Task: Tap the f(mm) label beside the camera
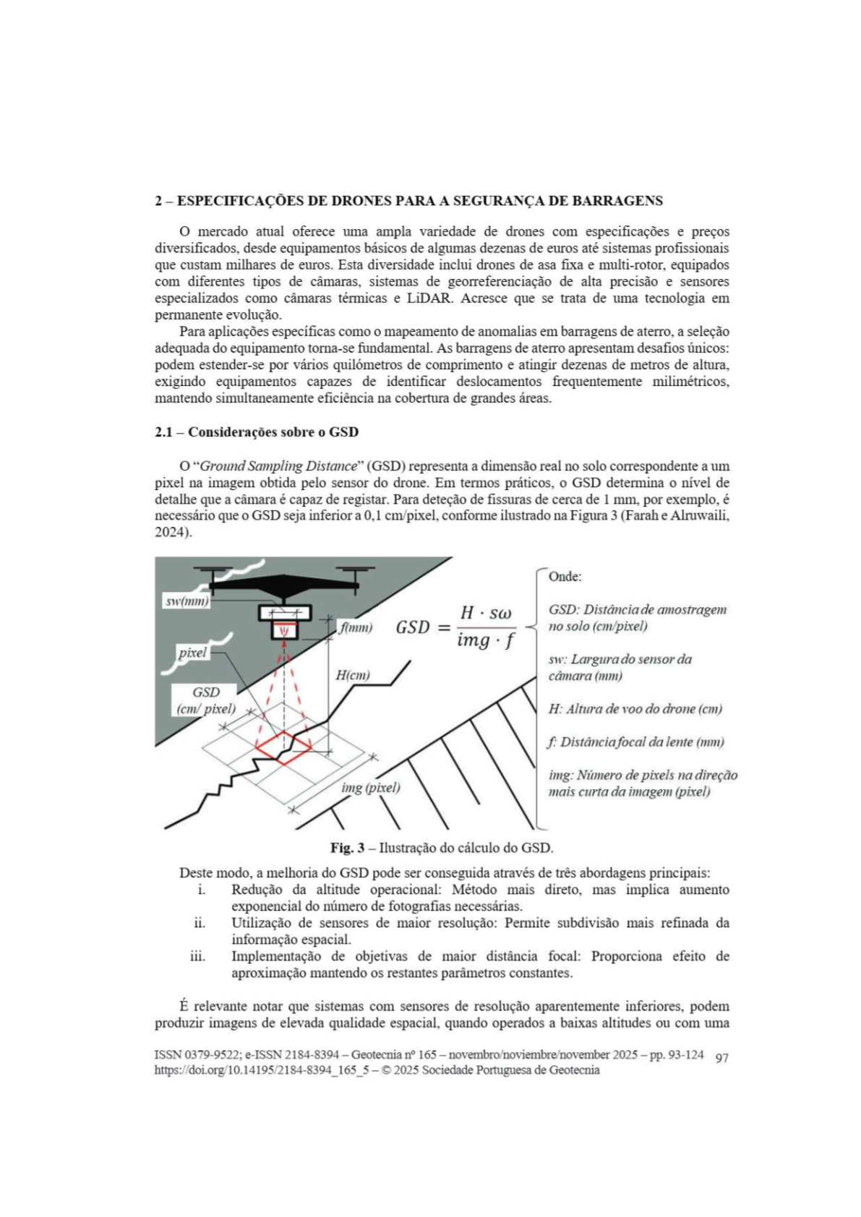pyautogui.click(x=356, y=627)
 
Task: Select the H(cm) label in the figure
pyautogui.click(x=352, y=675)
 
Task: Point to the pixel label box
pyautogui.click(x=193, y=653)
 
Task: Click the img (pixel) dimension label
pyautogui.click(x=370, y=787)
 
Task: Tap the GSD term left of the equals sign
pyautogui.click(x=412, y=627)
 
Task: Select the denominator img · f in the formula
pyautogui.click(x=486, y=640)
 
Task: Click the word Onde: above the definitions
pyautogui.click(x=565, y=577)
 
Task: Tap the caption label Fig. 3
pyautogui.click(x=347, y=848)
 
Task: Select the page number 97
pyautogui.click(x=721, y=1058)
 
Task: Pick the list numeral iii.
pyautogui.click(x=197, y=956)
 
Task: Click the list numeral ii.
pyautogui.click(x=199, y=923)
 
